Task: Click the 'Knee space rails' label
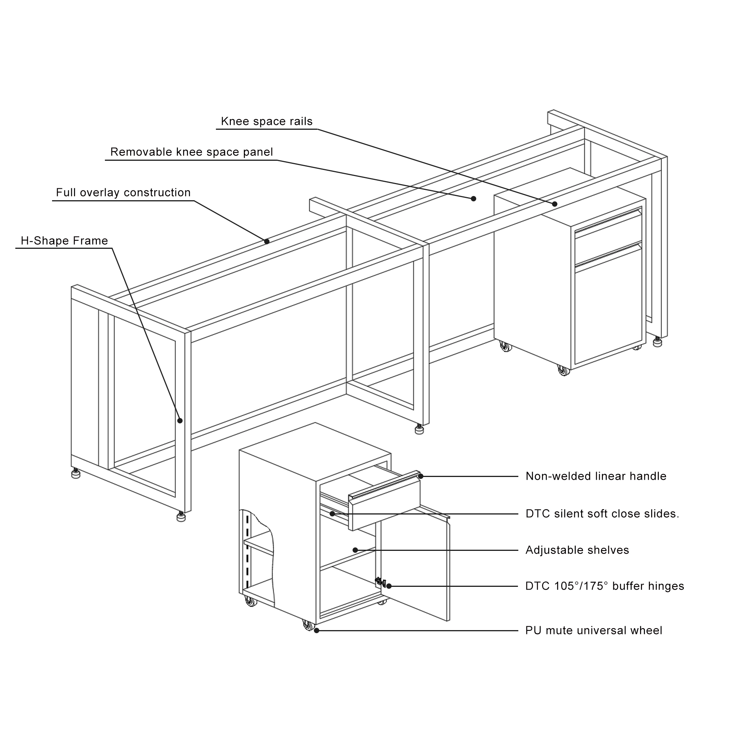click(x=267, y=121)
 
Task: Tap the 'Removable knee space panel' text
click(x=191, y=152)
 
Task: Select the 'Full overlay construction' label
click(x=123, y=192)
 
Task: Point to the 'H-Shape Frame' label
click(x=64, y=240)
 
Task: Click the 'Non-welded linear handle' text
click(x=596, y=476)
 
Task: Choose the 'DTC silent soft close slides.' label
click(x=602, y=513)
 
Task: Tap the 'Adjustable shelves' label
click(x=577, y=550)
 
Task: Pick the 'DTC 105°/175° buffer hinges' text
click(x=604, y=586)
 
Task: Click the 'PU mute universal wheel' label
click(x=593, y=630)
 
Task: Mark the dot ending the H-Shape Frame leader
click(x=180, y=420)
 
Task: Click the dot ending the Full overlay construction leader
click(x=267, y=241)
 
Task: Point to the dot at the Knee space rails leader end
click(x=554, y=204)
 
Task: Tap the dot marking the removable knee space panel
click(x=474, y=198)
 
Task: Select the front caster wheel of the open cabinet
click(x=308, y=626)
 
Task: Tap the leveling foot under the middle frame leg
click(x=420, y=430)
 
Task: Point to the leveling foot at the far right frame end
click(x=658, y=341)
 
